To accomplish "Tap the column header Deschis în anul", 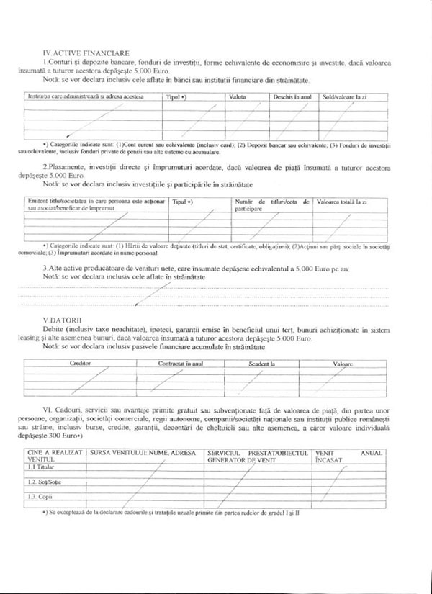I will [x=292, y=96].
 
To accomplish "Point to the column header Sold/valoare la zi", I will [x=345, y=96].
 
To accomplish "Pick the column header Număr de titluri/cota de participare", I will [x=272, y=206].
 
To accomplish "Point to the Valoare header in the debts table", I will [x=343, y=364].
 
